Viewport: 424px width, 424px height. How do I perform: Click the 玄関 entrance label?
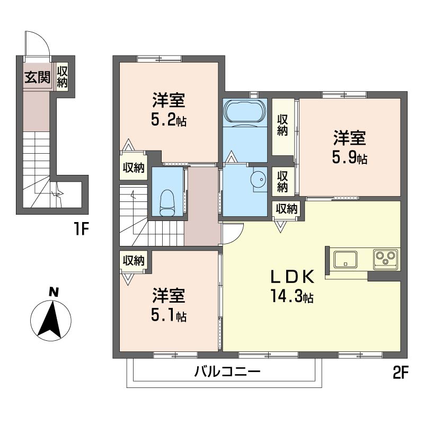pyautogui.click(x=37, y=77)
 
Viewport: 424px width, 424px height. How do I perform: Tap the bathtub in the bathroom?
pyautogui.click(x=244, y=112)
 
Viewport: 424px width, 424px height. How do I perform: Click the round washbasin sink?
pyautogui.click(x=259, y=179)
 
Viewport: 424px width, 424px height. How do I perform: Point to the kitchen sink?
pyautogui.click(x=345, y=259)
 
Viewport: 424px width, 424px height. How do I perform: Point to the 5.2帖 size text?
pyautogui.click(x=169, y=120)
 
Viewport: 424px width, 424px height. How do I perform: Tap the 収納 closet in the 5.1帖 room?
pyautogui.click(x=134, y=261)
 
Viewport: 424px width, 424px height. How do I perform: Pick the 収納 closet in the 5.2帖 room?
pyautogui.click(x=134, y=168)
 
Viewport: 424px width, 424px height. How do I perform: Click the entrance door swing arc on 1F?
pyautogui.click(x=37, y=42)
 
